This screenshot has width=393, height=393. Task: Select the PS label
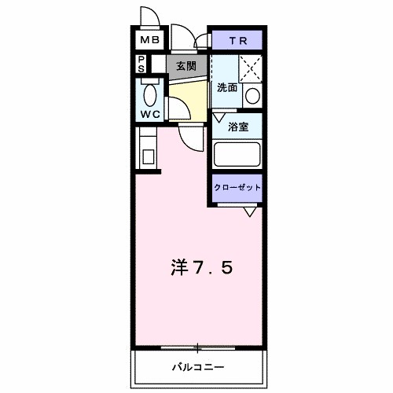141,64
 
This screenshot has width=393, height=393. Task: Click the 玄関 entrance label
185,66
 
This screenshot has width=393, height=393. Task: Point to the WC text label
150,114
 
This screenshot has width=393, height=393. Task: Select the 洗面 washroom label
227,89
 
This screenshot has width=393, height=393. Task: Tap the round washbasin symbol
252,96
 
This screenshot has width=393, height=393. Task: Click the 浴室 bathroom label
239,125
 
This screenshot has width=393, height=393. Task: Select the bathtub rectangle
237,154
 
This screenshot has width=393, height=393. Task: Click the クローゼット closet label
237,188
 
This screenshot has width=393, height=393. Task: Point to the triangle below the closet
250,211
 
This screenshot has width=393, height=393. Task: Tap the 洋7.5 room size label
201,268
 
